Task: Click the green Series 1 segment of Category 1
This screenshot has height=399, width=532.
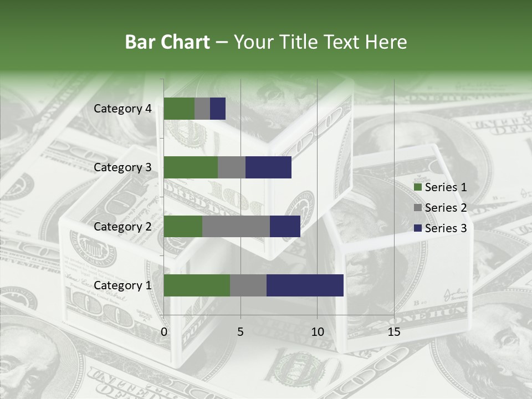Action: coord(197,285)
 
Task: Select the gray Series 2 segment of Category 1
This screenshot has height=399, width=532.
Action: coord(248,285)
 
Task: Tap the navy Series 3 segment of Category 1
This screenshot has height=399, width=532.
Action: coord(305,285)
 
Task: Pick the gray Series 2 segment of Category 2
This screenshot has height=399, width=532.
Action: coord(236,226)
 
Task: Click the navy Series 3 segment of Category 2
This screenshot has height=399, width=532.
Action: coord(285,226)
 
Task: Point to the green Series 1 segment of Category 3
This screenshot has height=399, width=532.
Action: coord(191,167)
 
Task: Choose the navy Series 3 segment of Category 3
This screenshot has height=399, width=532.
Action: coord(268,167)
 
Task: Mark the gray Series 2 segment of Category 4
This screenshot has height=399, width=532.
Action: coord(202,109)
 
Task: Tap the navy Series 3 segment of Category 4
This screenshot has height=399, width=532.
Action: coord(218,109)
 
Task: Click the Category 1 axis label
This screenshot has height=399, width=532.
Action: coord(122,285)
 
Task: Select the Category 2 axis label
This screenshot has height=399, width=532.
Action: coord(122,226)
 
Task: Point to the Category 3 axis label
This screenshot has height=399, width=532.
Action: coord(122,167)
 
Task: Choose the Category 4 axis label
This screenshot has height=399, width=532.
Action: coord(122,109)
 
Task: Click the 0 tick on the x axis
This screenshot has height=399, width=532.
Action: coord(164,332)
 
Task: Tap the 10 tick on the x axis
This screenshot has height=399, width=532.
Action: coord(317,332)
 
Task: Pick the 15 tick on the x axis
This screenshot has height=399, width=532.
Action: coord(394,332)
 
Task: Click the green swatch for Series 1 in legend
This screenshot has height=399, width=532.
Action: coord(417,187)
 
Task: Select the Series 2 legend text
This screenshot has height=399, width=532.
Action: coord(446,208)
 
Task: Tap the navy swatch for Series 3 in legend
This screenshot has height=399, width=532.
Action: coord(417,228)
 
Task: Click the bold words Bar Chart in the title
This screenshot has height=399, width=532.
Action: coord(167,42)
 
